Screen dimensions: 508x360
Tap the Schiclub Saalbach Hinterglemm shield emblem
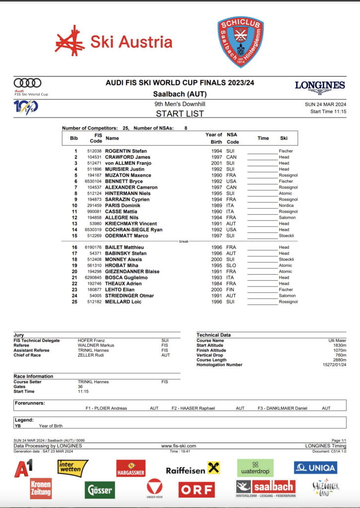tap(240, 42)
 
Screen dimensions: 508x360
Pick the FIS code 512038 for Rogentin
tap(94, 151)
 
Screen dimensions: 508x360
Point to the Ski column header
tap(284, 138)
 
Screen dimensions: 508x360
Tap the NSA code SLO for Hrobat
tap(231, 265)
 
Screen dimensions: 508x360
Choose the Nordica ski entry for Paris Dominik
tap(287, 205)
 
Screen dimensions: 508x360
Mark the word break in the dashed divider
tap(184, 242)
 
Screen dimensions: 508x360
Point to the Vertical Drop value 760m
tap(340, 355)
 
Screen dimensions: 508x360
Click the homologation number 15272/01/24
tap(332, 365)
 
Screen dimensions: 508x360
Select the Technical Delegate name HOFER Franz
tap(92, 341)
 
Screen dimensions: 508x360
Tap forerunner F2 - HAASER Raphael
tap(193, 408)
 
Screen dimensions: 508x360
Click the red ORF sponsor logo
tap(197, 489)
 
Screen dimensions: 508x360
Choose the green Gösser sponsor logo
tap(100, 490)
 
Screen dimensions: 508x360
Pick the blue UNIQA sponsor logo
tap(315, 467)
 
